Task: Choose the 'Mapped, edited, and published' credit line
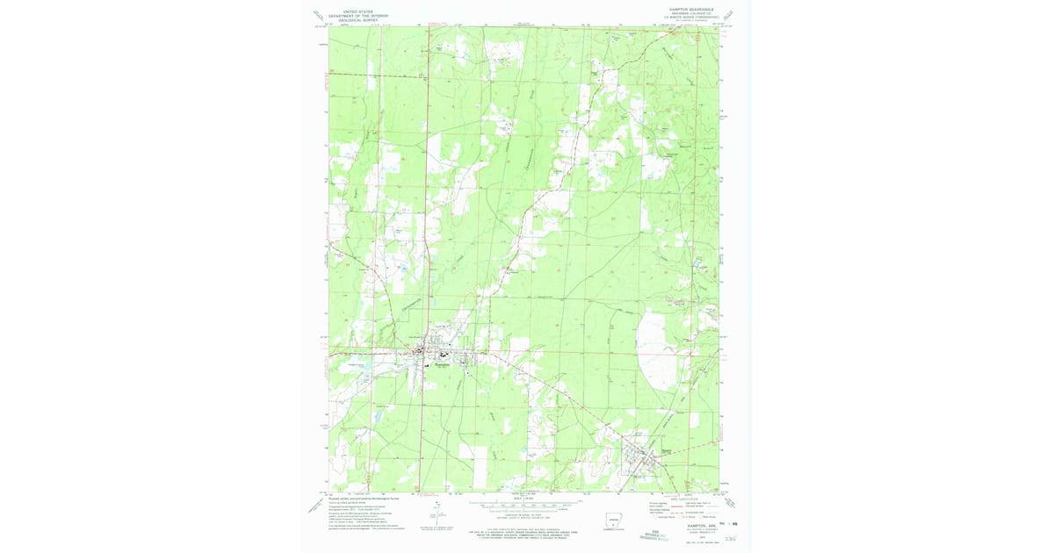pos(364,498)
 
